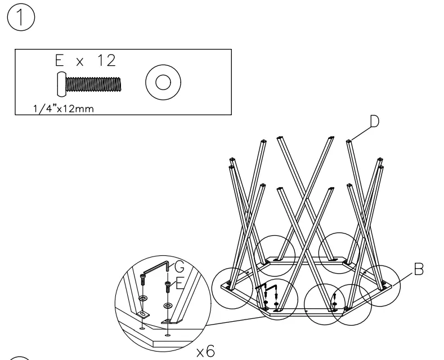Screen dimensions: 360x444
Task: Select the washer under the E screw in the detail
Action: pos(167,305)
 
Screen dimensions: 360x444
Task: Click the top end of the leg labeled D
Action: pos(349,141)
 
